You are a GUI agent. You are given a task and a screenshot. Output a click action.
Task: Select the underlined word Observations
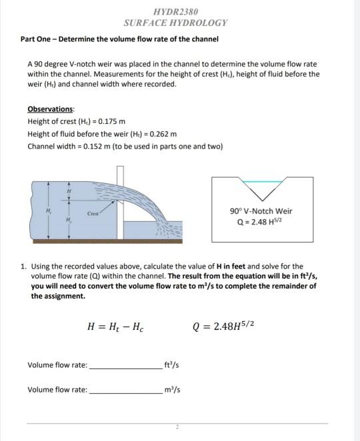[x=51, y=109]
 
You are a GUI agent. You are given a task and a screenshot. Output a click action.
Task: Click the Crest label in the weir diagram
[x=93, y=214]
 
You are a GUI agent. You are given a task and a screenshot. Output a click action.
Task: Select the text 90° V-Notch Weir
[x=261, y=211]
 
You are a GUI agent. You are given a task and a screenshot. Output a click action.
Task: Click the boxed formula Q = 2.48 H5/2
[x=261, y=222]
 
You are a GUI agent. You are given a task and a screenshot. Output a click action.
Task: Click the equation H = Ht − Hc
[x=115, y=326]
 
